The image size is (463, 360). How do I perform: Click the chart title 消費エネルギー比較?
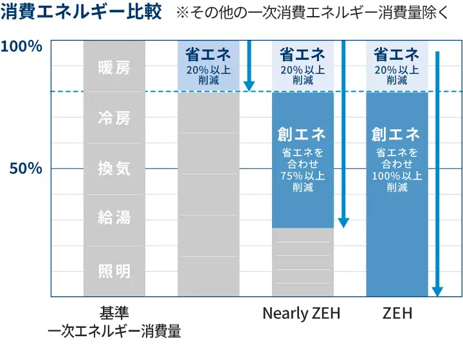pyautogui.click(x=82, y=13)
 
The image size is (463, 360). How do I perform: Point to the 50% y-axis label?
pyautogui.click(x=26, y=168)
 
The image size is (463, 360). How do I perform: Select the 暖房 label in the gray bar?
pyautogui.click(x=114, y=67)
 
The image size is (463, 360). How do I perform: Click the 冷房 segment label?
pyautogui.click(x=114, y=118)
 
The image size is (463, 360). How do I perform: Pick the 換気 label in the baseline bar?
pyautogui.click(x=114, y=168)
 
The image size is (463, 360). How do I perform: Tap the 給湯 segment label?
pyautogui.click(x=114, y=218)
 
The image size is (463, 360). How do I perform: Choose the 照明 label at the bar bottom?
pyautogui.click(x=114, y=271)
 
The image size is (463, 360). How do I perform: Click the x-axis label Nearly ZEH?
pyautogui.click(x=301, y=314)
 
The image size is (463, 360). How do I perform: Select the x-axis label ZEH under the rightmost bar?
pyautogui.click(x=397, y=314)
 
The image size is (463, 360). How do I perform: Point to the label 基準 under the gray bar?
pyautogui.click(x=114, y=313)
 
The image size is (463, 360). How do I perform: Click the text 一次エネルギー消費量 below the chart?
pyautogui.click(x=114, y=332)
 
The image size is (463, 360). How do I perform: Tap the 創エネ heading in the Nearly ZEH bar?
pyautogui.click(x=302, y=134)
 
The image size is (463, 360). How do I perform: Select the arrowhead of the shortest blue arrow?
pyautogui.click(x=249, y=85)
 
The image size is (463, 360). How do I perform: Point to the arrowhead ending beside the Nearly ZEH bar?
pyautogui.click(x=343, y=222)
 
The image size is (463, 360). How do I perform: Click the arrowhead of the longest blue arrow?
pyautogui.click(x=437, y=291)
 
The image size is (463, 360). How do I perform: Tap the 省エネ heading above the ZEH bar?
pyautogui.click(x=397, y=55)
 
